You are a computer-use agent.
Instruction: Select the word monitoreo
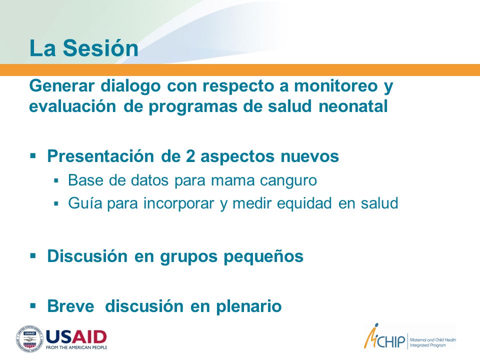click(x=336, y=85)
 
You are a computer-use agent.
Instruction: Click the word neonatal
click(x=353, y=106)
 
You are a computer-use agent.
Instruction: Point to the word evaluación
click(x=72, y=106)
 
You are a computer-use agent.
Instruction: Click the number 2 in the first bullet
click(x=190, y=156)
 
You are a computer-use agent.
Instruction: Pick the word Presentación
click(x=100, y=156)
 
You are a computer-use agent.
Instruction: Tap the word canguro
click(x=288, y=180)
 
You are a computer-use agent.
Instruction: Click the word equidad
click(x=304, y=203)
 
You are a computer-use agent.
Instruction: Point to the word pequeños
click(x=263, y=256)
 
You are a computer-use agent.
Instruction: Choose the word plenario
click(x=249, y=306)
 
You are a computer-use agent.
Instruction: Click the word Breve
click(x=70, y=306)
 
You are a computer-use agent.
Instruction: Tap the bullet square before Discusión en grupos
click(x=33, y=255)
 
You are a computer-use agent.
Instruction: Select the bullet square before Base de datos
click(x=55, y=180)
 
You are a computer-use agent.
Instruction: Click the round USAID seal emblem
click(x=29, y=338)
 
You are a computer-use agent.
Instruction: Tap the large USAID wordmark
click(x=76, y=337)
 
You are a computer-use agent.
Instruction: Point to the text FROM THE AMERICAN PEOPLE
click(x=76, y=347)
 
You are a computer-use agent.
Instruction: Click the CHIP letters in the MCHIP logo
click(x=390, y=341)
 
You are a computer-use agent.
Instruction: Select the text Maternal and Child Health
click(x=433, y=340)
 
